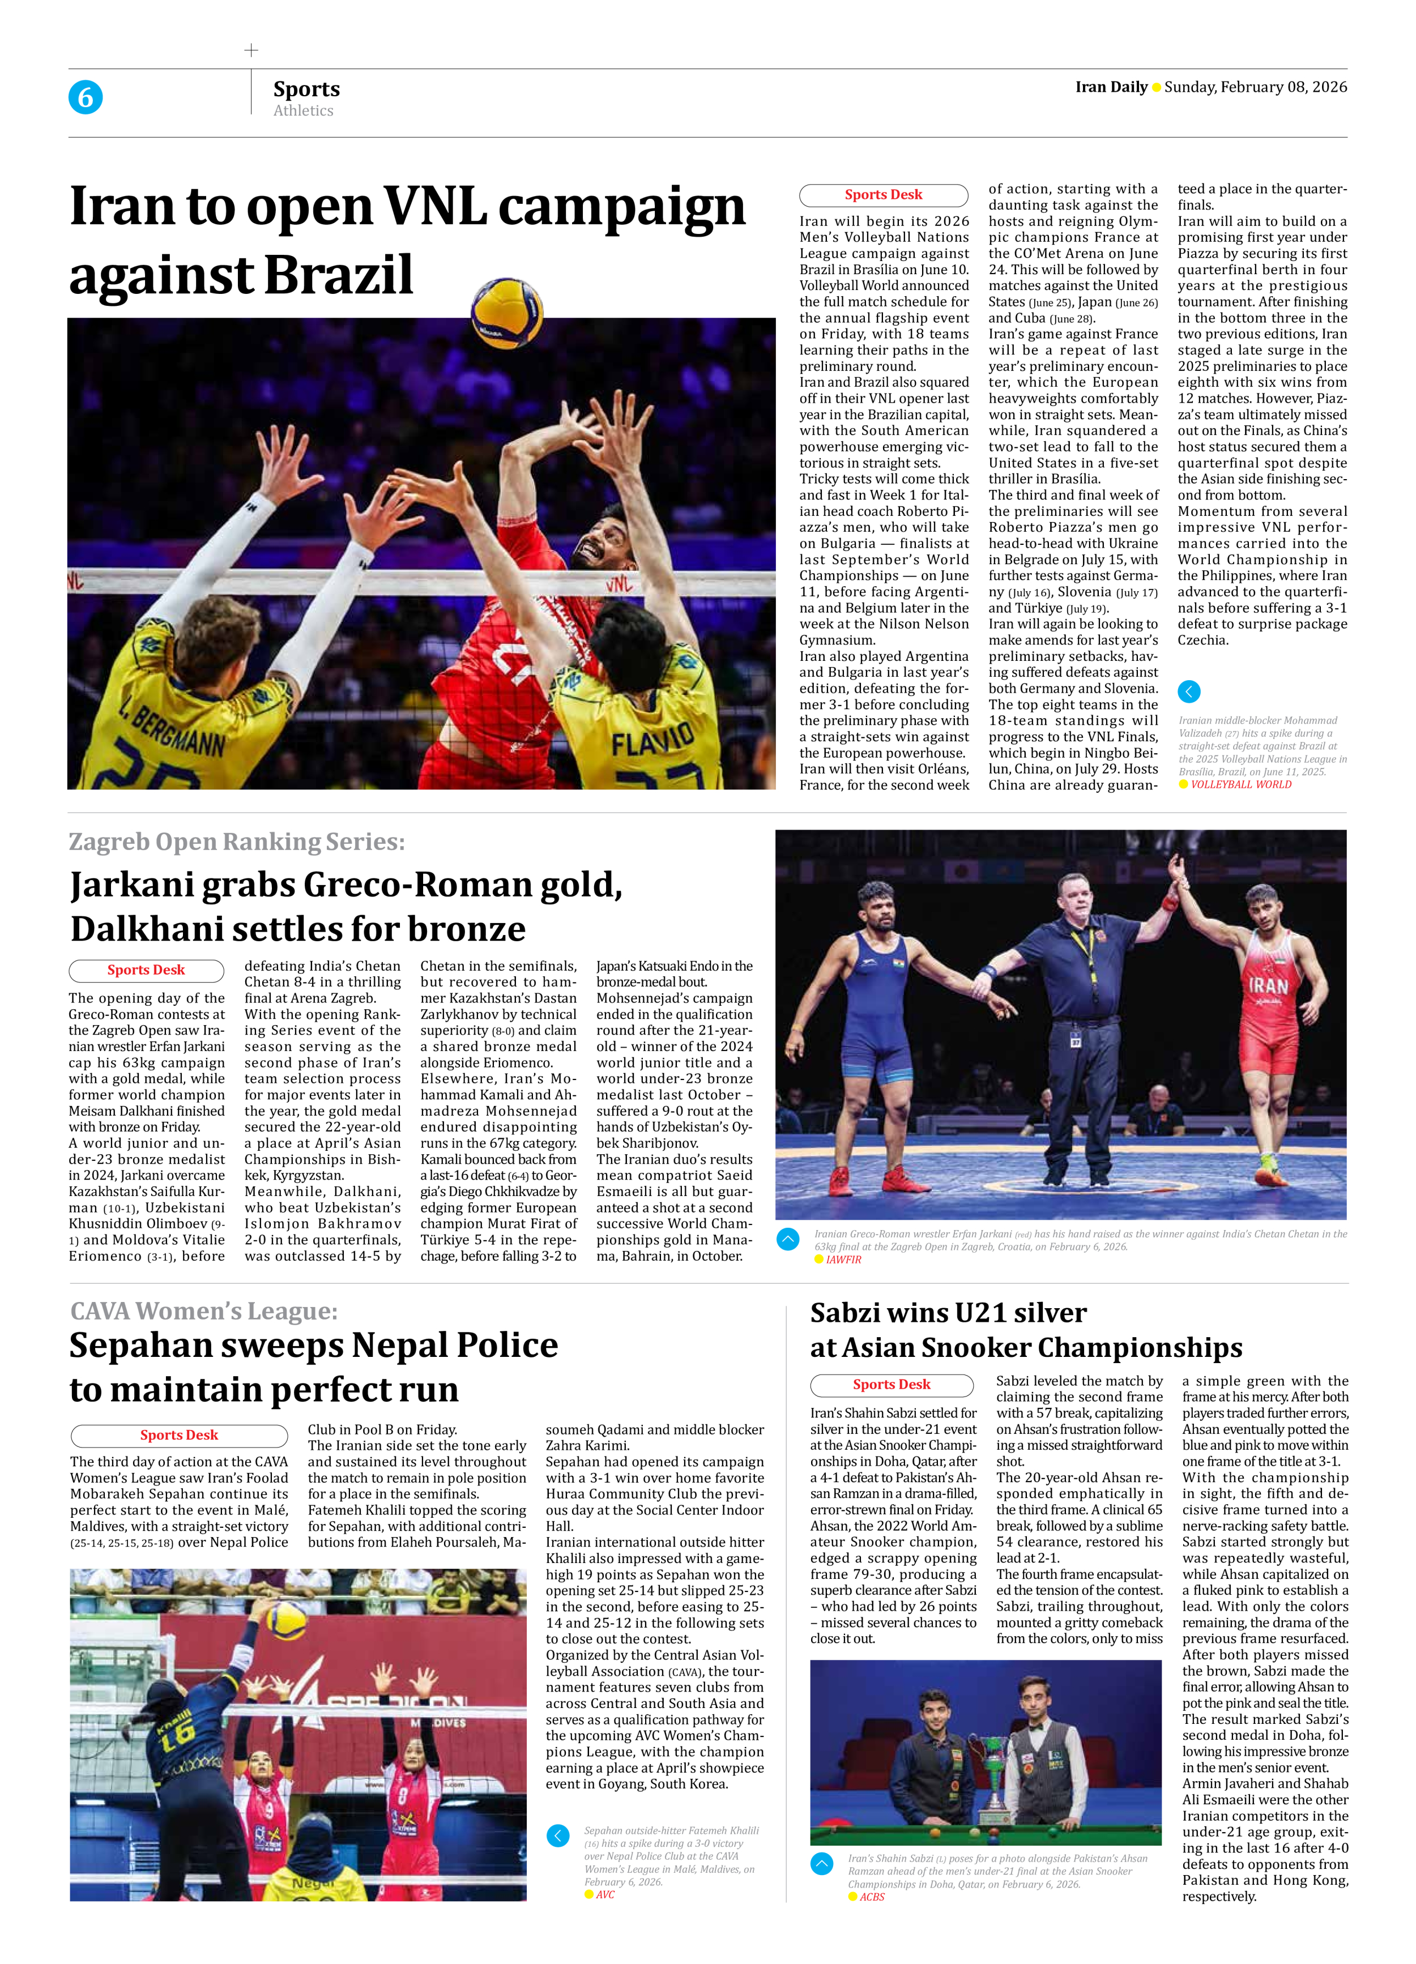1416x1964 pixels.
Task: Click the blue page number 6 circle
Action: tap(85, 97)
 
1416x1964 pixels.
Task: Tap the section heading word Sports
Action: tap(306, 89)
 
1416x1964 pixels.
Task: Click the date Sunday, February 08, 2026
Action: tap(1255, 87)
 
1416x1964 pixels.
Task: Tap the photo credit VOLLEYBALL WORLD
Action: tap(1240, 784)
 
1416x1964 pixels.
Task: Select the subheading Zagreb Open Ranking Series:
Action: tap(236, 842)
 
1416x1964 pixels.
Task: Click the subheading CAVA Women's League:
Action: tap(203, 1311)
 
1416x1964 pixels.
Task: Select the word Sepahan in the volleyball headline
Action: tap(139, 1346)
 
